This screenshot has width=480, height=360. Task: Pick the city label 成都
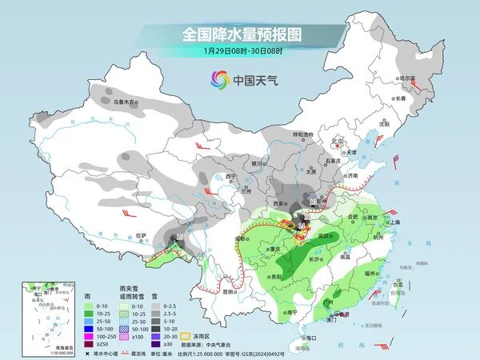coord(233,238)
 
